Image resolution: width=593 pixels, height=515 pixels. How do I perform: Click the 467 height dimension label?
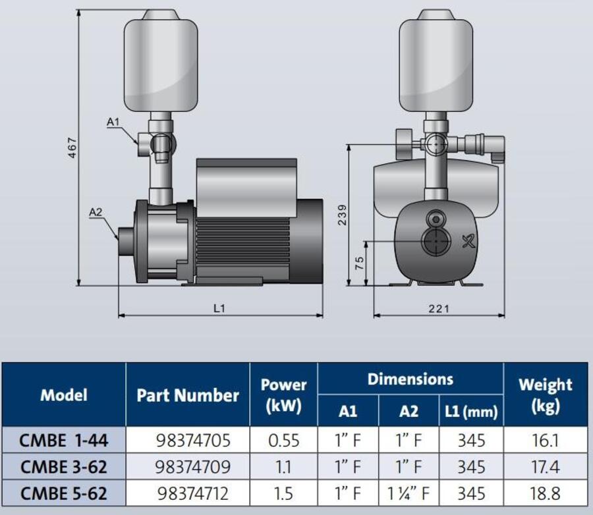pos(72,148)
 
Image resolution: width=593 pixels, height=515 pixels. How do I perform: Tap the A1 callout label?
pos(113,122)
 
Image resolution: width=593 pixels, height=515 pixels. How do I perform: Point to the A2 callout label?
pos(96,212)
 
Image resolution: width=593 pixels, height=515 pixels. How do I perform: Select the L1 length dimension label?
pos(219,309)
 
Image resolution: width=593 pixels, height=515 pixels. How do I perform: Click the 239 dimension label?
pos(342,215)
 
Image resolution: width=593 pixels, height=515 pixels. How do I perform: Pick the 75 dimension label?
pos(360,263)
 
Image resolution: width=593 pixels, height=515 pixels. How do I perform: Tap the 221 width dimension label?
pos(439,309)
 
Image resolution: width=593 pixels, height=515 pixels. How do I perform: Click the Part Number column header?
pos(188,395)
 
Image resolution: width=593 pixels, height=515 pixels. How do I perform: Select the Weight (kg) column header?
pos(546,395)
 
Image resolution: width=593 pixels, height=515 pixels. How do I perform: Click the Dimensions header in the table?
pos(410,379)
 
